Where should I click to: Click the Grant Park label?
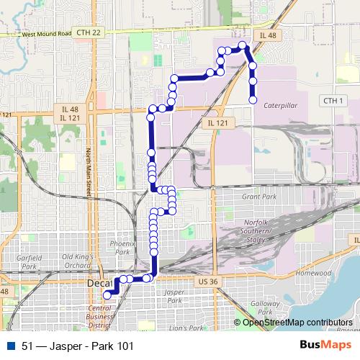tap(259, 197)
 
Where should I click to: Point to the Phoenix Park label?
tap(120, 248)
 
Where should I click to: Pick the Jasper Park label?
tap(174, 297)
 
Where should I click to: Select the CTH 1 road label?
tap(331, 100)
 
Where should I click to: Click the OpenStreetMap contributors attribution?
tap(298, 322)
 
